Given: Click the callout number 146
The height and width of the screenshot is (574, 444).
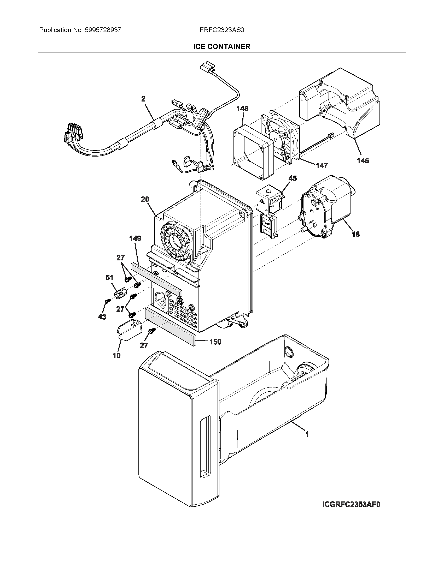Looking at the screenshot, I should [x=363, y=160].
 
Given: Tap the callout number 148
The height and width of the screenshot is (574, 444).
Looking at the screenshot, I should [x=242, y=109].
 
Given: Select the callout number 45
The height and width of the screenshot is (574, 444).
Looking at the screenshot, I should [x=292, y=178].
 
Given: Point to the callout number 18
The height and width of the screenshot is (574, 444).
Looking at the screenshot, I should [x=356, y=234].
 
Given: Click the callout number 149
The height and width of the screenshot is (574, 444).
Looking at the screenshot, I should [x=135, y=238].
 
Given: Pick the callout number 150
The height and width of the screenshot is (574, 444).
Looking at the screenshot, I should [x=215, y=342].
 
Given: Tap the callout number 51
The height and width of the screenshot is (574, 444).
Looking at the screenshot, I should [x=109, y=278].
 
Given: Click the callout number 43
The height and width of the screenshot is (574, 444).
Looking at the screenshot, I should [x=102, y=317].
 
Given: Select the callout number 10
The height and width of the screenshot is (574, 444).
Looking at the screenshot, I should [x=116, y=356].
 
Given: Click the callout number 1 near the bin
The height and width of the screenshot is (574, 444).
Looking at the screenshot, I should [x=307, y=434].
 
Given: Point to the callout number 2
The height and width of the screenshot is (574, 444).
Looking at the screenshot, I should [x=143, y=99].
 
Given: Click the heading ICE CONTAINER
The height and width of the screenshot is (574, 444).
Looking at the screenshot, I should [x=222, y=47].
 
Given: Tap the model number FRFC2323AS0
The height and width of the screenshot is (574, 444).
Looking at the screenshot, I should [x=222, y=30].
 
